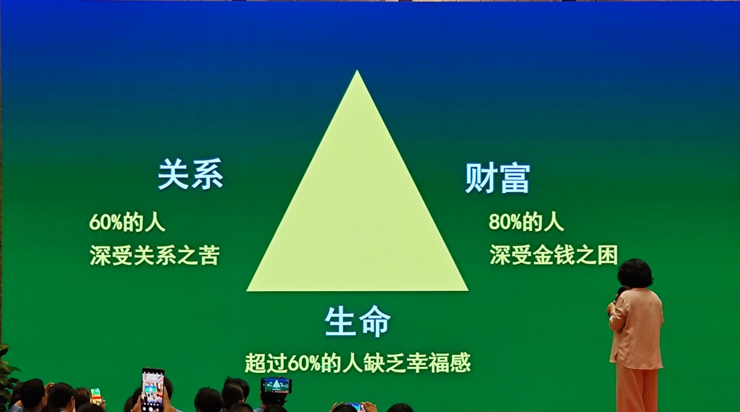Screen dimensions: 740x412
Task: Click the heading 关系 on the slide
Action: click(x=190, y=174)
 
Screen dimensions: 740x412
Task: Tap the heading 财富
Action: click(x=498, y=178)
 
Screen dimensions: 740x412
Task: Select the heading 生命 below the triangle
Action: click(x=357, y=321)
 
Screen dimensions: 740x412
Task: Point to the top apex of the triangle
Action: click(x=357, y=71)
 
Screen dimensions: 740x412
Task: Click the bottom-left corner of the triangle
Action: click(x=247, y=291)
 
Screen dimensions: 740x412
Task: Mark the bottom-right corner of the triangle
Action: click(x=468, y=291)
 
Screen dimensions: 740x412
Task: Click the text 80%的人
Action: click(x=526, y=222)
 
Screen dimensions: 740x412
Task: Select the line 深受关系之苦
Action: click(x=155, y=255)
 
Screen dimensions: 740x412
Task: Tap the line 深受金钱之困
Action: click(x=554, y=255)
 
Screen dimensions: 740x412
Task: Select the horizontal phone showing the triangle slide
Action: click(x=276, y=385)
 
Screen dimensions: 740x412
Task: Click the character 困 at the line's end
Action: click(x=608, y=255)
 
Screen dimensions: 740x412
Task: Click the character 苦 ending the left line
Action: click(x=210, y=255)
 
